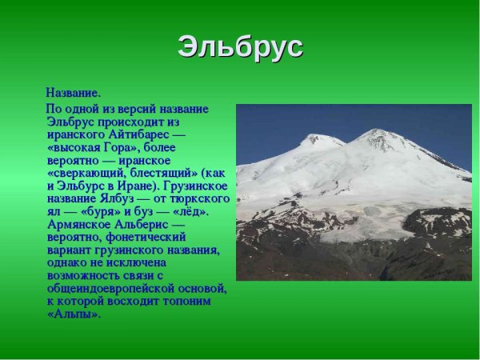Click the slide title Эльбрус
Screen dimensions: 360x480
tap(240, 46)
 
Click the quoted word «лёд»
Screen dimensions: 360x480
tap(190, 211)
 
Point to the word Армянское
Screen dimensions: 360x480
tap(78, 224)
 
